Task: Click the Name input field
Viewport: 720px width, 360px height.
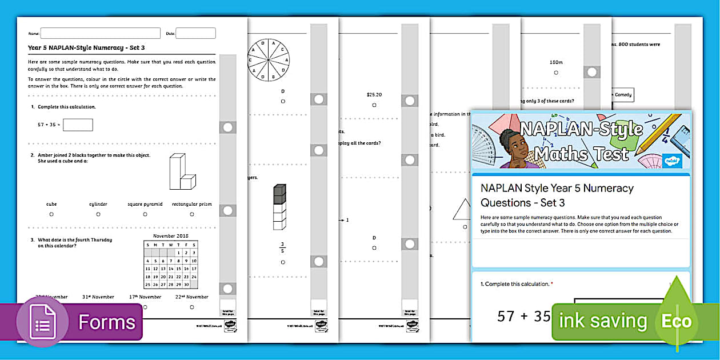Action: coord(100,33)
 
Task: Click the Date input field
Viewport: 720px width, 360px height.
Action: coord(195,33)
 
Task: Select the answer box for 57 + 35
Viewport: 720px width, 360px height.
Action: coord(81,125)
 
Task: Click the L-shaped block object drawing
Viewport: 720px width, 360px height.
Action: coord(182,172)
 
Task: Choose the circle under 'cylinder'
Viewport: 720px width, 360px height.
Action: coord(98,214)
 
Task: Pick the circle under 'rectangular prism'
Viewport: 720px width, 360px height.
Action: coord(193,214)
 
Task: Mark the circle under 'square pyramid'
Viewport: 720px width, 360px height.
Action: coord(145,214)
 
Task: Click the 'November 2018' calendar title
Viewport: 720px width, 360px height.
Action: coord(170,235)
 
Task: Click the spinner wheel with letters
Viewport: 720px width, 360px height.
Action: coord(269,59)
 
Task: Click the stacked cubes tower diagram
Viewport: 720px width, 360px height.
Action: coord(279,207)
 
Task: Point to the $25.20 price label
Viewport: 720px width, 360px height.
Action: coord(374,95)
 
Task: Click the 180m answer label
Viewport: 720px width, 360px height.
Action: coord(556,62)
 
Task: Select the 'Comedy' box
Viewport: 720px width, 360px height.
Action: coord(623,95)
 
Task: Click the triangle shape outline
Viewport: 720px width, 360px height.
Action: coord(462,209)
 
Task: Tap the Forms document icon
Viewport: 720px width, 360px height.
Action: coord(42,322)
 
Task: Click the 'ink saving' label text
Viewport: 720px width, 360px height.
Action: coord(603,321)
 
